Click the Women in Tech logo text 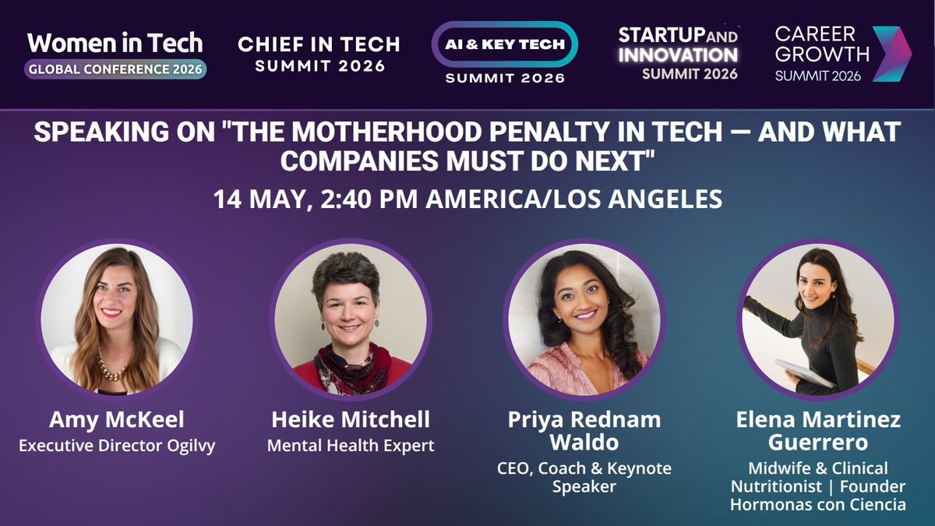pyautogui.click(x=115, y=42)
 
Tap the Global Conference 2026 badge pyautogui.click(x=115, y=69)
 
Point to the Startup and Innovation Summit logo pyautogui.click(x=677, y=53)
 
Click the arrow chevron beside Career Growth pyautogui.click(x=891, y=54)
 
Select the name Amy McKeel pyautogui.click(x=116, y=420)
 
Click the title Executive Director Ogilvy pyautogui.click(x=116, y=446)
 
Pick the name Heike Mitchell pyautogui.click(x=351, y=420)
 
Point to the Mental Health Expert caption pyautogui.click(x=351, y=446)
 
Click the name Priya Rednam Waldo pyautogui.click(x=584, y=431)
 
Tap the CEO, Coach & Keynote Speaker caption pyautogui.click(x=584, y=478)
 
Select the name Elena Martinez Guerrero pyautogui.click(x=817, y=431)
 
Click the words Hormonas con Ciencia pyautogui.click(x=817, y=505)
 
